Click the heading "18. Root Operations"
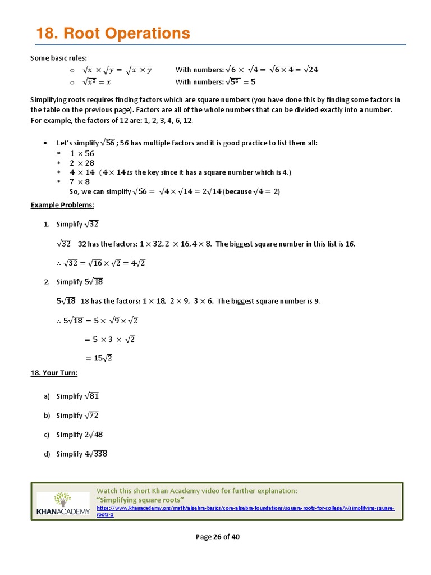click(113, 34)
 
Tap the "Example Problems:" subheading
click(62, 205)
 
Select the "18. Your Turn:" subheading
click(54, 373)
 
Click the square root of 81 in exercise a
click(91, 396)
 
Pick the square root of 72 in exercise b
click(91, 416)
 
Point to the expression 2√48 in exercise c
click(94, 435)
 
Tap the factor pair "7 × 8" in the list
click(80, 182)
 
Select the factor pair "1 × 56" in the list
click(82, 153)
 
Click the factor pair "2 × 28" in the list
click(82, 163)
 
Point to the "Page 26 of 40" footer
click(217, 537)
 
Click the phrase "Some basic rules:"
click(58, 58)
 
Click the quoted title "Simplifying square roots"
click(140, 500)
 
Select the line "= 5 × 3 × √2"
click(110, 339)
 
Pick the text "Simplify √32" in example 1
click(77, 224)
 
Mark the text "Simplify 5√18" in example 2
click(79, 282)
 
